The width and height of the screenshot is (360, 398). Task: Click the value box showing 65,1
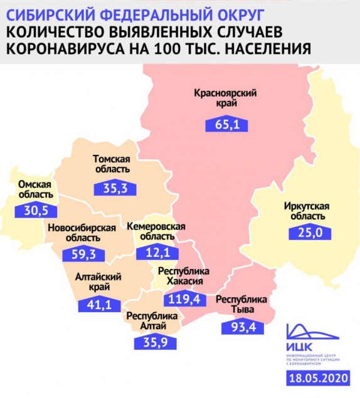pos(226,123)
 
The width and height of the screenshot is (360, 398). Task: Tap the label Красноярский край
pos(226,100)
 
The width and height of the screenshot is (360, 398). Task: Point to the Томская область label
pos(111,164)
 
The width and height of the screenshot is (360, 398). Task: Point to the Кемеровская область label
pos(157,231)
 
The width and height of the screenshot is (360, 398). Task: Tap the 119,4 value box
pos(184,299)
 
